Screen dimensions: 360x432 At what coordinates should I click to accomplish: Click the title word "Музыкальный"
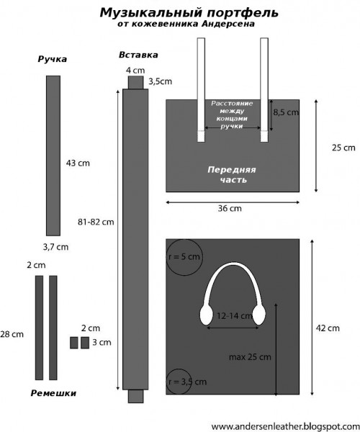coord(151,13)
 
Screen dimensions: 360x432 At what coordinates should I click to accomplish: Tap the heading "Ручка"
coord(53,59)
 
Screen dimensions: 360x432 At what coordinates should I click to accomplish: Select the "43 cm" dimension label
coord(78,163)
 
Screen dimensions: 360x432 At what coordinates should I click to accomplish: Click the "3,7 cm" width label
coord(55,247)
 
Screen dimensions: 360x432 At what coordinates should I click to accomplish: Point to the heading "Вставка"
coord(138,55)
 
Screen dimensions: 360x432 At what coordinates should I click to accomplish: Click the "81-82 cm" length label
coord(96,222)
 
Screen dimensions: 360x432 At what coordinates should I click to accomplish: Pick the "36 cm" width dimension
coord(230,209)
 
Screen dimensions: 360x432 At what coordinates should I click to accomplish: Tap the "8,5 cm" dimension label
coord(286,112)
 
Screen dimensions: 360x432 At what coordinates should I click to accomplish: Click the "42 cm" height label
coord(328,328)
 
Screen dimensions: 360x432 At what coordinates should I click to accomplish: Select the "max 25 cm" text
coord(250,357)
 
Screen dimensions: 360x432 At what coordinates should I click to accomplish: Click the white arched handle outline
coord(233,264)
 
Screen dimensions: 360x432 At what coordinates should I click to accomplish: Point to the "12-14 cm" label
coord(235,316)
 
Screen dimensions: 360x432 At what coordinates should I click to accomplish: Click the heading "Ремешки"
coord(53,393)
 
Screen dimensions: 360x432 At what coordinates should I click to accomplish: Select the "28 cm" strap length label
coord(12,335)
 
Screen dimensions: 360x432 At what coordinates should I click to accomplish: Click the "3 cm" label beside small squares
coord(102,343)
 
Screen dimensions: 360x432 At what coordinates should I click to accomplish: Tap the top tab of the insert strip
coord(136,82)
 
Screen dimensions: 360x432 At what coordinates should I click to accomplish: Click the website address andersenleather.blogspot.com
coord(285,426)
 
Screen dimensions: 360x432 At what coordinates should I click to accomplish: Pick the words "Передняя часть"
coord(232,175)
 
